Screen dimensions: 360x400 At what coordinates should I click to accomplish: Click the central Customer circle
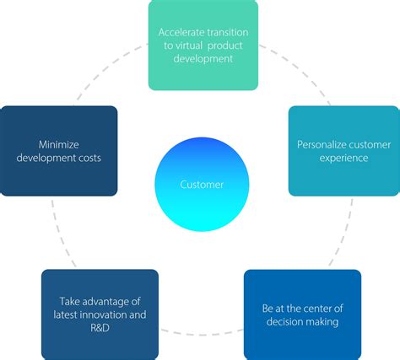[202, 184]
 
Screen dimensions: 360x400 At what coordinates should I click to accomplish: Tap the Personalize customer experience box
[343, 150]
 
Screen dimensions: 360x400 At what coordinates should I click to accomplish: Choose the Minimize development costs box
[59, 150]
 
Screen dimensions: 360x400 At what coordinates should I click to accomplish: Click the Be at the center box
[302, 314]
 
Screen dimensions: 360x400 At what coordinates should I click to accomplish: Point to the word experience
[344, 158]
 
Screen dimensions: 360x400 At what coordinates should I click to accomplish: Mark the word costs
[93, 158]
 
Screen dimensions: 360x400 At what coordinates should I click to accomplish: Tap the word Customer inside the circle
[202, 185]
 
